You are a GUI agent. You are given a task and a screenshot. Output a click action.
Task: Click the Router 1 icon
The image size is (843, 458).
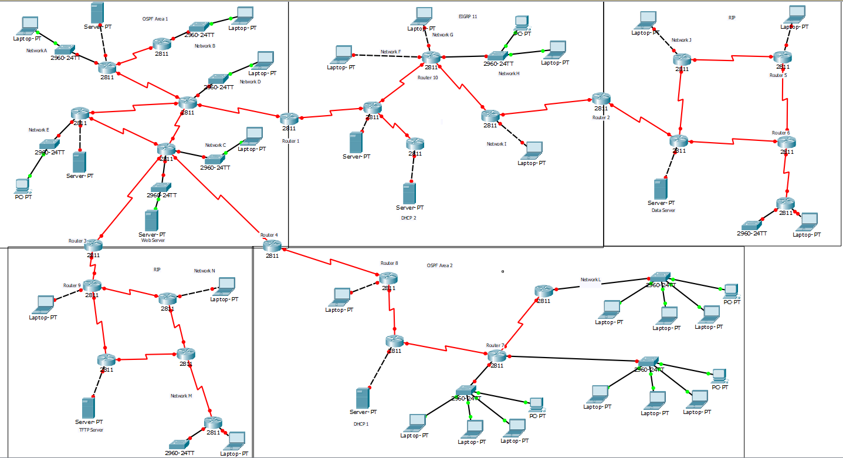click(x=289, y=118)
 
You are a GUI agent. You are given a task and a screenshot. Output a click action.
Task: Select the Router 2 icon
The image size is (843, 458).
click(x=601, y=99)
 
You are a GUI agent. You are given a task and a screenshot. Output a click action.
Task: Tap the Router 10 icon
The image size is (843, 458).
click(x=431, y=57)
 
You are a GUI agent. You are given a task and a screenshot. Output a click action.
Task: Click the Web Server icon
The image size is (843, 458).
click(x=151, y=220)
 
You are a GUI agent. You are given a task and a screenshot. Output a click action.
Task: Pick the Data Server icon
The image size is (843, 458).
click(x=661, y=188)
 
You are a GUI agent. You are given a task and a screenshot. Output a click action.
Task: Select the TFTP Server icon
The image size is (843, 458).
click(x=89, y=408)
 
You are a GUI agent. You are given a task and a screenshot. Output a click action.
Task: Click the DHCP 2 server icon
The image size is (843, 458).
click(x=409, y=193)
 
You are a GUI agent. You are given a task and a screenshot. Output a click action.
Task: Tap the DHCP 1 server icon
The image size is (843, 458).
click(x=362, y=398)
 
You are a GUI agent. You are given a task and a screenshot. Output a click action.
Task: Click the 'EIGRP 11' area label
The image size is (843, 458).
click(x=468, y=16)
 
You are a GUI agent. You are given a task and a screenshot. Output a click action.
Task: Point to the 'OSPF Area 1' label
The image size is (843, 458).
click(x=155, y=19)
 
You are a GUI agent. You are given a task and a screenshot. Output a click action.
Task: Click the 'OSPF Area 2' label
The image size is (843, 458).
click(x=439, y=265)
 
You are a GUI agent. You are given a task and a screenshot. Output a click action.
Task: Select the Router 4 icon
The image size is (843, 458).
click(x=273, y=246)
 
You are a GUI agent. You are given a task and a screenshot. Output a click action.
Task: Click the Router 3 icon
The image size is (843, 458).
click(x=93, y=245)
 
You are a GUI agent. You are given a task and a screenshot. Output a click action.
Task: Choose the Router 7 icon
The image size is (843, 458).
click(x=496, y=355)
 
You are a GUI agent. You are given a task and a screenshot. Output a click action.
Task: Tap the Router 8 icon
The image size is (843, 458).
click(x=388, y=278)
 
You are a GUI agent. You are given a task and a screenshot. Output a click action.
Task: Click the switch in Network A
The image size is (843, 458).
click(x=65, y=49)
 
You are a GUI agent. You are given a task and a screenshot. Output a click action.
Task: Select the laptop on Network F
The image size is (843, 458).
click(x=341, y=54)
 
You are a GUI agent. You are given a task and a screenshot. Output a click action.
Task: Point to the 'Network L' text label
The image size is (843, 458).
click(x=591, y=279)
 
